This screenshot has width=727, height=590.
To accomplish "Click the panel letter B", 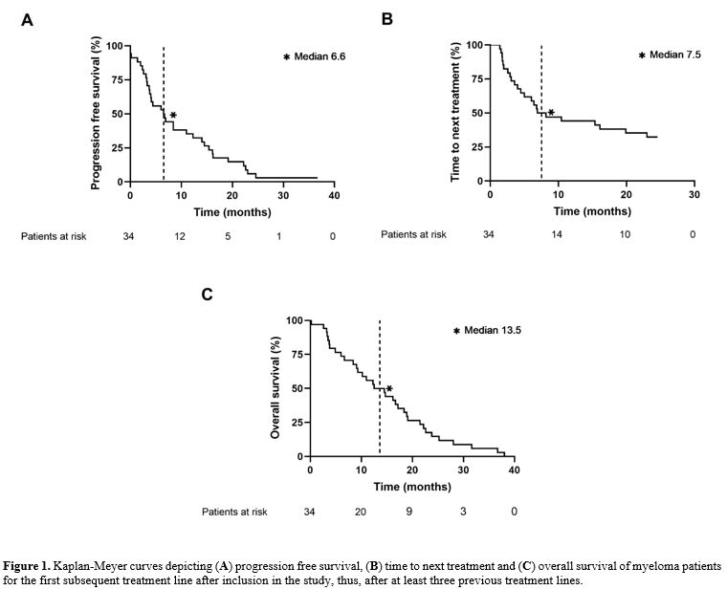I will pos(387,18).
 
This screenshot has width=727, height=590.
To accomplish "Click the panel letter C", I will pos(207,294).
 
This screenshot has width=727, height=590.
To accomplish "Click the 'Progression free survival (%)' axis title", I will pos(96,114).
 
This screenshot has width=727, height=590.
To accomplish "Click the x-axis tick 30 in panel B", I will pos(694,194).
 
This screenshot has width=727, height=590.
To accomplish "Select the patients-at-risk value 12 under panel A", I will pos(180,235).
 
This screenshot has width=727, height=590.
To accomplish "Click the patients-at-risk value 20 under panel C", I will pos(361,512).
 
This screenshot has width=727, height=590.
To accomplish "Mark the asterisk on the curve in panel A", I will pos(173,116).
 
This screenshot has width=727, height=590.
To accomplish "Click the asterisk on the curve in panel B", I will pos(551,113).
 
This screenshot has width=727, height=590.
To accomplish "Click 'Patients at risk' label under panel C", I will pos(234,512).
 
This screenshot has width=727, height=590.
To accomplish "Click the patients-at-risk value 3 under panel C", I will pos(463,512).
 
